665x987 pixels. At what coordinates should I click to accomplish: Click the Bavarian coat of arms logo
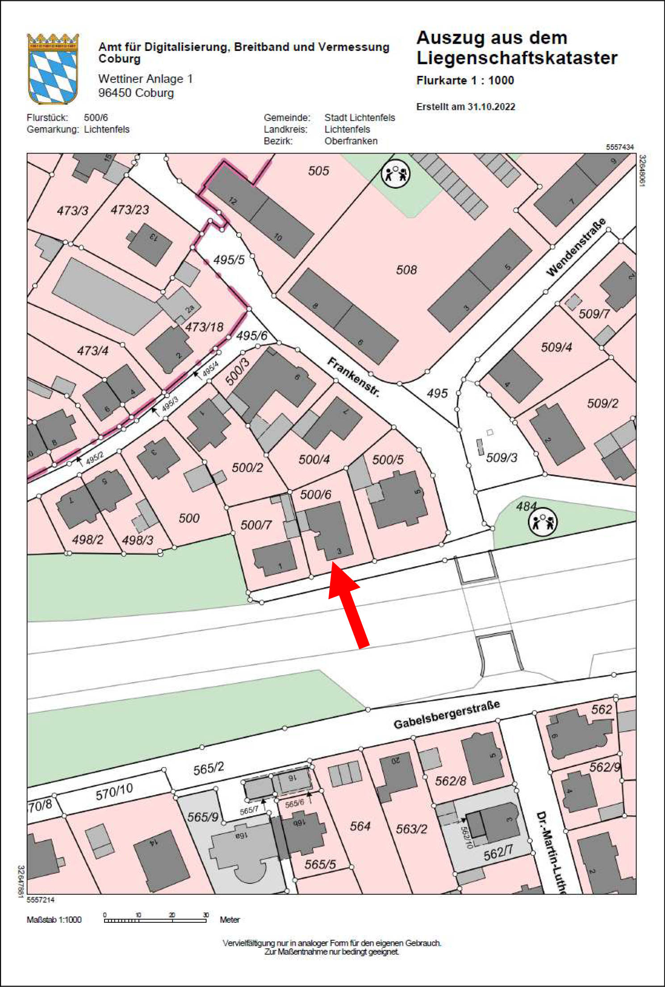(53, 69)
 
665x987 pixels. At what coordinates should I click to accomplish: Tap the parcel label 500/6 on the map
(315, 494)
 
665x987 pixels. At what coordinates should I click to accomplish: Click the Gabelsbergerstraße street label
(446, 714)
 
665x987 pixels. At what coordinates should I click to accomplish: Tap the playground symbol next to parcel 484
(543, 522)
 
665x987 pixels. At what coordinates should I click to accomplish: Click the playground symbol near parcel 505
(395, 174)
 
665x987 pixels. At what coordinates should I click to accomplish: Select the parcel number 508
(406, 270)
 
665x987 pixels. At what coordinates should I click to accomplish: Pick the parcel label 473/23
(130, 210)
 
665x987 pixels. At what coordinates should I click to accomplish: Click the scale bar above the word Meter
(155, 920)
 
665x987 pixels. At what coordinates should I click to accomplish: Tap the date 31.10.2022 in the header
(491, 107)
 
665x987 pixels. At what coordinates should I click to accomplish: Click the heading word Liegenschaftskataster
(517, 58)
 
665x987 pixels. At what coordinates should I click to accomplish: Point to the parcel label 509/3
(502, 457)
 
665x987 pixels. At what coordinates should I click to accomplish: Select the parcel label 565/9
(203, 816)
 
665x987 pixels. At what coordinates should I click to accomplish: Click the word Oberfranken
(351, 141)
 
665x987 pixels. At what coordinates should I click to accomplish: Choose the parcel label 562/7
(498, 853)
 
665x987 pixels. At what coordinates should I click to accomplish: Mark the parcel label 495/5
(229, 260)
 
